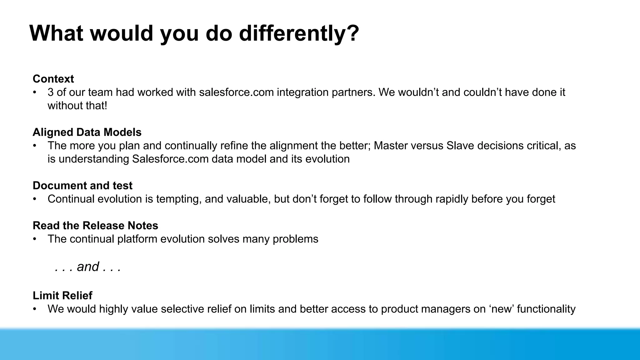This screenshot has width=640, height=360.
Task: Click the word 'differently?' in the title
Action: [x=299, y=33]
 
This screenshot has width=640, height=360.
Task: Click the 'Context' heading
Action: [x=53, y=79]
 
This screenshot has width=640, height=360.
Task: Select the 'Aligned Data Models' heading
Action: [x=87, y=132]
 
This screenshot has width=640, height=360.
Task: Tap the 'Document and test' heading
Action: [x=82, y=186]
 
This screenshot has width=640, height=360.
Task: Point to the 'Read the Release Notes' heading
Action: [x=95, y=226]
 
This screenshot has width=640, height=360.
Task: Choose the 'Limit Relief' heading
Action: [x=62, y=296]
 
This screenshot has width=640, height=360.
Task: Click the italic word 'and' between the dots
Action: [x=88, y=267]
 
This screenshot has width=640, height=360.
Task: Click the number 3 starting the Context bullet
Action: [x=51, y=92]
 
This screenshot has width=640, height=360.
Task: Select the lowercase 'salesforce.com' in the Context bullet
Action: [x=236, y=92]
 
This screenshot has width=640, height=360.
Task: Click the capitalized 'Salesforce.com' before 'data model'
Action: [x=170, y=159]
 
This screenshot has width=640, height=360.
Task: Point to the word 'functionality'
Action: [x=546, y=309]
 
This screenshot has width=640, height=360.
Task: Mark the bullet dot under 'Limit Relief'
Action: [x=35, y=309]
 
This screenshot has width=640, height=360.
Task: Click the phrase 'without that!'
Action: [x=77, y=106]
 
